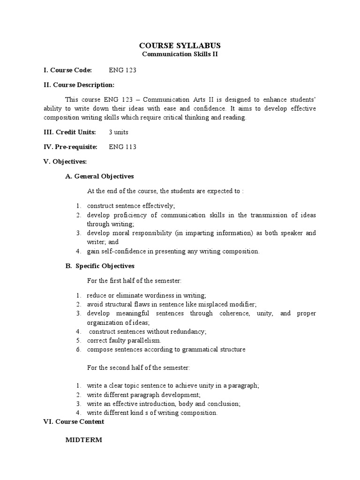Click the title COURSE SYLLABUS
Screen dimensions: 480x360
coord(180,45)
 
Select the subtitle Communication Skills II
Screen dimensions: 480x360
coord(180,54)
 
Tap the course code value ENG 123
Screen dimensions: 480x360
coord(122,70)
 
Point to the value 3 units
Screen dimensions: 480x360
coord(119,132)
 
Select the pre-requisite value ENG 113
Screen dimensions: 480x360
coord(122,147)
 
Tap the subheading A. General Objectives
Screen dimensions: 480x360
coord(99,176)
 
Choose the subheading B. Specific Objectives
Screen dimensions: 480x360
coord(99,266)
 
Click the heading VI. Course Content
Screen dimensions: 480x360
coord(73,422)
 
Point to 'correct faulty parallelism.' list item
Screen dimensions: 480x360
coord(124,340)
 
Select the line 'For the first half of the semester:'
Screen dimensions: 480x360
coord(134,281)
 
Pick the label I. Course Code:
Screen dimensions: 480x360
coord(67,70)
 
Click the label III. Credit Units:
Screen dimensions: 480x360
coord(69,132)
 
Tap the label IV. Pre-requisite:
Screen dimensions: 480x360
coord(70,147)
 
